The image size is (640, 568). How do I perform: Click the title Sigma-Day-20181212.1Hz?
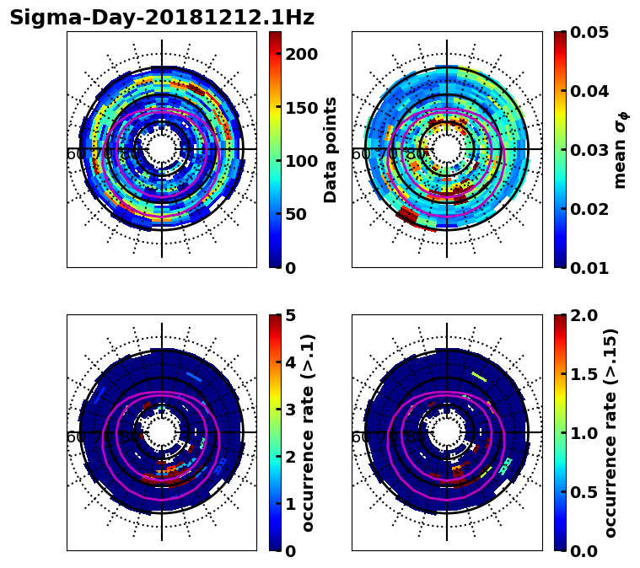click(x=161, y=18)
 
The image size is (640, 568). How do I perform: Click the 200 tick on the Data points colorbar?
click(x=301, y=54)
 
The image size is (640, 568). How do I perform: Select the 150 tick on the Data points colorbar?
click(x=301, y=107)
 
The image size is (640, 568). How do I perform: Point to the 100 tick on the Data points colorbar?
click(x=301, y=161)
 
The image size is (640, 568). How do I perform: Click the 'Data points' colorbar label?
click(x=331, y=149)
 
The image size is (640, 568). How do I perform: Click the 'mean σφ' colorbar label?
click(x=620, y=149)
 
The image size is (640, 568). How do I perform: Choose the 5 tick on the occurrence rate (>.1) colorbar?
click(x=290, y=315)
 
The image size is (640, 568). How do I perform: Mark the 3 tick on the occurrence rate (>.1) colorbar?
click(x=290, y=410)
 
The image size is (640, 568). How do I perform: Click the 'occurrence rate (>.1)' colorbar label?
click(x=309, y=432)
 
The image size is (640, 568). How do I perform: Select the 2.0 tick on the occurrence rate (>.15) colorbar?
click(x=585, y=315)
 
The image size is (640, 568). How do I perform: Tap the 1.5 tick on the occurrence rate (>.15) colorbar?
click(x=585, y=374)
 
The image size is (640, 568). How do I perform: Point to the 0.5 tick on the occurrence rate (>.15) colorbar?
click(x=585, y=491)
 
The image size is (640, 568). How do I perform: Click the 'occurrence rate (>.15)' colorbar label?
click(x=610, y=432)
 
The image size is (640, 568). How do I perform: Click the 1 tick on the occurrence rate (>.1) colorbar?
click(x=290, y=503)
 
